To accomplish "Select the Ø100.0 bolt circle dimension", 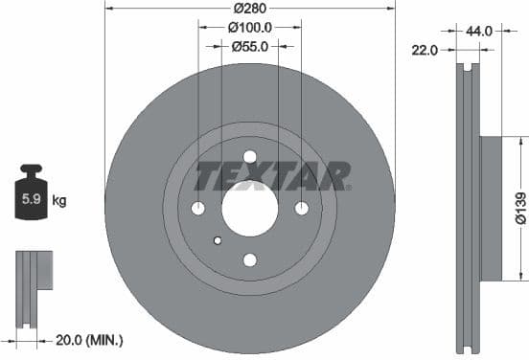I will [250, 29].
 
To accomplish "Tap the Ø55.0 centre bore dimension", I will [250, 46].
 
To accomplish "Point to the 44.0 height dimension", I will [480, 31].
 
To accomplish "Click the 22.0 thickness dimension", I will [423, 50].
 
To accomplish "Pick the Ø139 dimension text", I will [519, 207].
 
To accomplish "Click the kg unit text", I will [59, 201].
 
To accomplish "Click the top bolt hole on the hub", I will [250, 157].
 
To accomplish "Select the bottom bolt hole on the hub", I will [250, 259].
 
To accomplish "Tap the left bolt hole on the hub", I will [198, 209].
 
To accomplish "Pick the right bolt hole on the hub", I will [301, 209].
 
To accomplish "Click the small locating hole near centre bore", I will [218, 239].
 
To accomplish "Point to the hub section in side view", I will [489, 209].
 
